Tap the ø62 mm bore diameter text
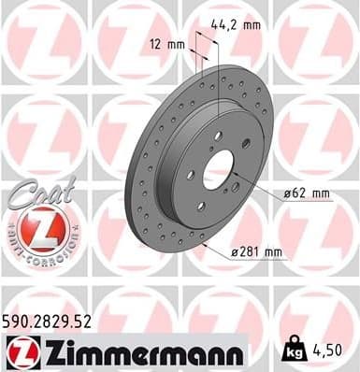coord(308,193)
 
